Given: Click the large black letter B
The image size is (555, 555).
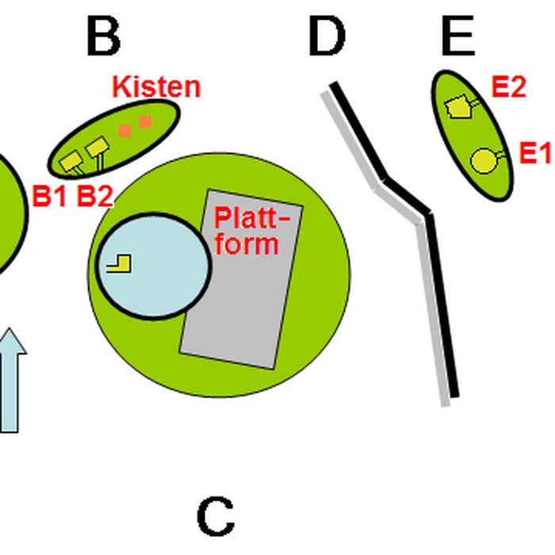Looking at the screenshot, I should tap(103, 36).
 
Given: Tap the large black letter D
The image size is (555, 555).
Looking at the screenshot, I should tap(327, 36).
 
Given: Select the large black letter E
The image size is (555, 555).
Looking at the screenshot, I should tap(457, 36).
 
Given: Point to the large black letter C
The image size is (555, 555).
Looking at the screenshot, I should tap(215, 518).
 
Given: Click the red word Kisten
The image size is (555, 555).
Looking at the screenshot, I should tap(156, 86).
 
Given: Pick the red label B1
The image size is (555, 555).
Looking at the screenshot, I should tap(49, 197).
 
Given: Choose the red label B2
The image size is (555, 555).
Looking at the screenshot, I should tap(94, 197).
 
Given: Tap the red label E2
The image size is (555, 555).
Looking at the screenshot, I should tap(508, 87).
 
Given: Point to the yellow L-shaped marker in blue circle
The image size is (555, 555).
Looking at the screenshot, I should tap(118, 263).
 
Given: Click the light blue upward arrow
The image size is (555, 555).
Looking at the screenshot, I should tap(9, 381).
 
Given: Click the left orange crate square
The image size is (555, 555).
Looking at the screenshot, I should tap(124, 130).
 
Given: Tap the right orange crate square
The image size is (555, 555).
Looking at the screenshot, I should tap(144, 121).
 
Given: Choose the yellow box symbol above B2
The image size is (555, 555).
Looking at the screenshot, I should tap(97, 147).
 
